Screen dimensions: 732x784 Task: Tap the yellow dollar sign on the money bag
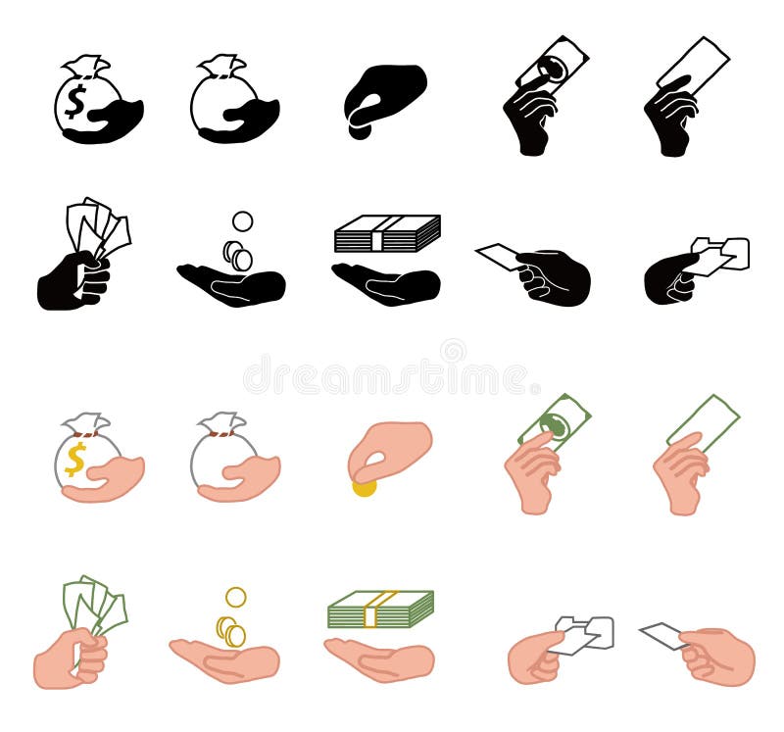tap(75, 458)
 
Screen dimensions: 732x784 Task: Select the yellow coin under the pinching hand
tap(364, 486)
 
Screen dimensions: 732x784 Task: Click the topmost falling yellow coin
tap(235, 597)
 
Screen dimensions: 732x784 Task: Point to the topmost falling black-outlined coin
tap(242, 221)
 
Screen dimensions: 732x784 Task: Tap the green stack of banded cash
tap(380, 610)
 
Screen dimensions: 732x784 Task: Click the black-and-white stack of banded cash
tap(387, 234)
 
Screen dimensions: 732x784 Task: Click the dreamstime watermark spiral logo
tap(453, 351)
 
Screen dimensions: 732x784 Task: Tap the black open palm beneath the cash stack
tap(385, 285)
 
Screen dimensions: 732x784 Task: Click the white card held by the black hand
tap(499, 257)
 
